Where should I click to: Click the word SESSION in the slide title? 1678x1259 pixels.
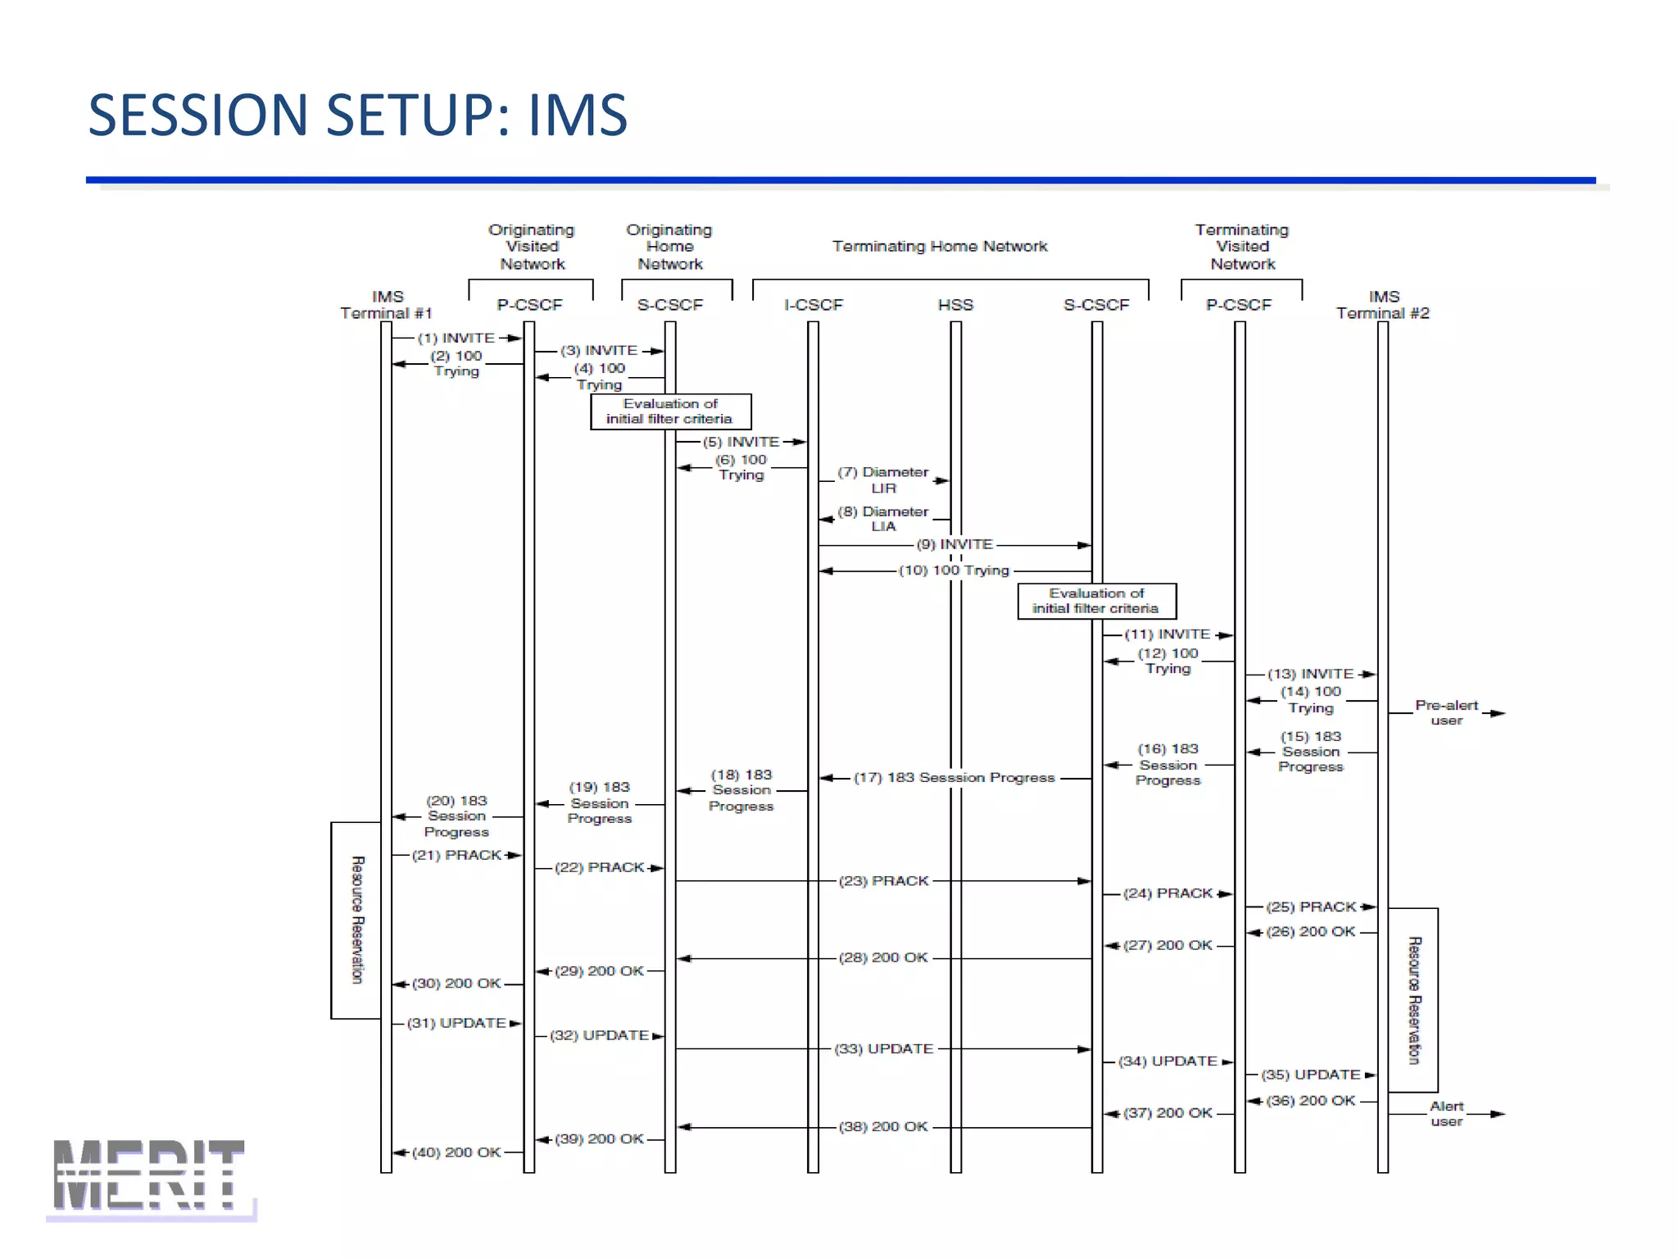[197, 115]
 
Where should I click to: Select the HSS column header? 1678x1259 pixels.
[955, 305]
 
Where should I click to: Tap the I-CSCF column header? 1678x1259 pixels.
[813, 305]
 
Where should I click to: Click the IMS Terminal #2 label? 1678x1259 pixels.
[1383, 305]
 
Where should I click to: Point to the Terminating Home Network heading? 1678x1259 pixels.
[940, 246]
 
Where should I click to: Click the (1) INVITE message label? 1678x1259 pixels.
[456, 338]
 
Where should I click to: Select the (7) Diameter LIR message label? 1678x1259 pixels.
[883, 480]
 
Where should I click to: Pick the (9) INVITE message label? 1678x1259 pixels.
[955, 544]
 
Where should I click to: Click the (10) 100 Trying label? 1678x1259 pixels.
[955, 570]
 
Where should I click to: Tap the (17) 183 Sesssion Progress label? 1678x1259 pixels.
[955, 777]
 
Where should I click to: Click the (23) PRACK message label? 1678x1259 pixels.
[883, 880]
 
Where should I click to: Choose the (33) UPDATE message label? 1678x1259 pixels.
[883, 1048]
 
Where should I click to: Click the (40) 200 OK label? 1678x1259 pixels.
[456, 1152]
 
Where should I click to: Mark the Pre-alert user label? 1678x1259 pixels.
[1446, 712]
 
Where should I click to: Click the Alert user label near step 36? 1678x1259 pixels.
[1446, 1113]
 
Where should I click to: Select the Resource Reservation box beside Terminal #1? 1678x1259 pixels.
[356, 920]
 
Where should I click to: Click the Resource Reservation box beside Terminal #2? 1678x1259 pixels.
[1413, 1000]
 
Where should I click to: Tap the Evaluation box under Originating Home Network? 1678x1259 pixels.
[670, 411]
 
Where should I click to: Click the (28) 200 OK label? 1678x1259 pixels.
[883, 957]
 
